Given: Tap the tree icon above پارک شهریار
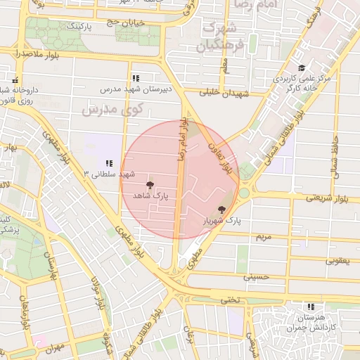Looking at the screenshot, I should [222, 209].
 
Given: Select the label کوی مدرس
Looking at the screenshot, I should [112, 110].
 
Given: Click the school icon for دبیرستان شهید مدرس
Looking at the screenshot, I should [135, 78].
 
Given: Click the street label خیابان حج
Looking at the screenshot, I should [125, 23].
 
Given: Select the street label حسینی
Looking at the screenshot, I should [257, 277].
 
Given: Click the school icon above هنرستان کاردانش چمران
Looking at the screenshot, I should [311, 307].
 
